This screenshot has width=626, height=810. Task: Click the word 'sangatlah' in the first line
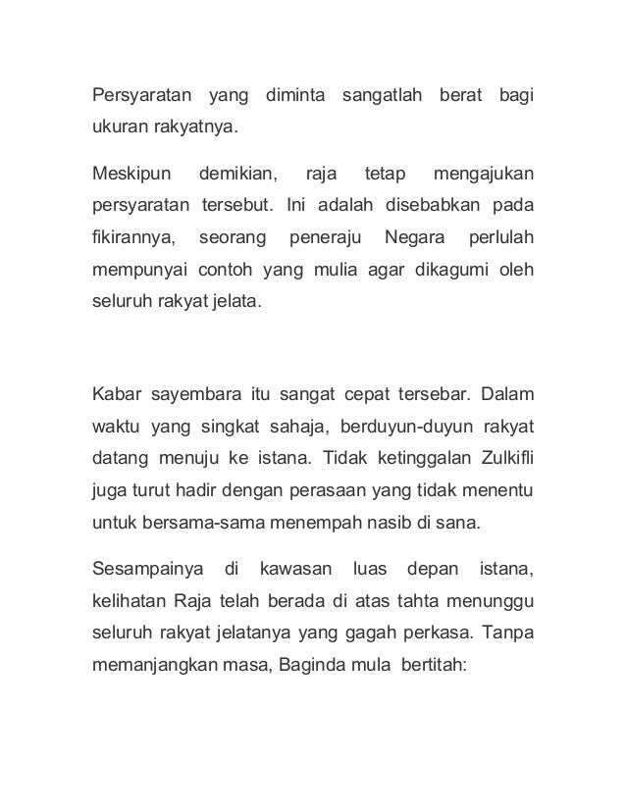click(x=382, y=96)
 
